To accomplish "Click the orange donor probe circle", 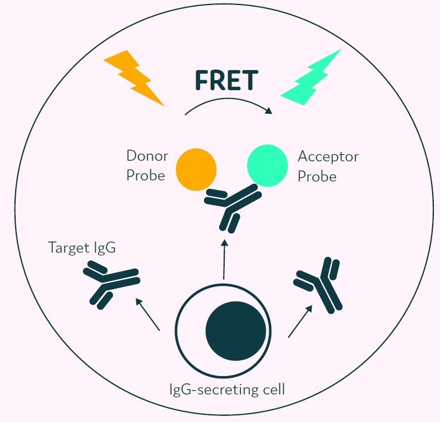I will pos(196,169).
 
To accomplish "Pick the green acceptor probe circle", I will pos(268,165).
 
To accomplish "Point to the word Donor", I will pos(147,155).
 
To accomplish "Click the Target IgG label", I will pos(82,247).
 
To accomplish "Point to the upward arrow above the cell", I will pos(224,259).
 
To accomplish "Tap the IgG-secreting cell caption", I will pos(227,388).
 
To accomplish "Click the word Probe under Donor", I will pos(146,175).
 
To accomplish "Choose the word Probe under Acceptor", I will pos(317,176).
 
